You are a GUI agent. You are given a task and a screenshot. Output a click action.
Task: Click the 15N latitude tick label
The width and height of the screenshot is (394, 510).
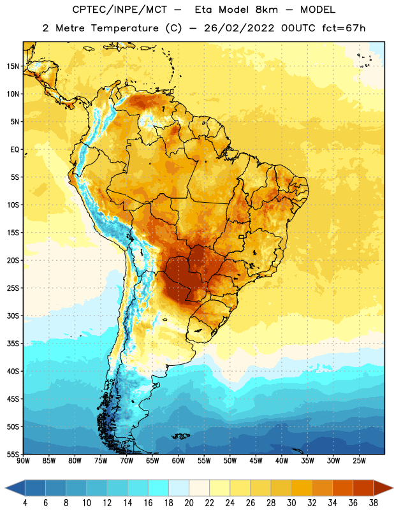click(x=13, y=66)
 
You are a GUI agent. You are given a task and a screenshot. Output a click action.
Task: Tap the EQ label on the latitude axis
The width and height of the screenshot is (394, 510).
click(x=15, y=150)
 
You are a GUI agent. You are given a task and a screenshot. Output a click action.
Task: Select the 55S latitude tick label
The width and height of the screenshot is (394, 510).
click(x=13, y=454)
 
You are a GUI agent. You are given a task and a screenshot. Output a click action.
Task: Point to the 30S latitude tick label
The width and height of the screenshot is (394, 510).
click(x=13, y=316)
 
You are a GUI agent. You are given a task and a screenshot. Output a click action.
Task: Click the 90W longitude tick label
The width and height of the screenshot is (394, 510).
click(x=23, y=461)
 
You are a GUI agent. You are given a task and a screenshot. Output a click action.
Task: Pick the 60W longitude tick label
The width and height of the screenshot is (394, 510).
click(x=179, y=461)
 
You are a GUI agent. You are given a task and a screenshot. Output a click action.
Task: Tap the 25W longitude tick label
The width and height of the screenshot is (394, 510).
click(x=359, y=461)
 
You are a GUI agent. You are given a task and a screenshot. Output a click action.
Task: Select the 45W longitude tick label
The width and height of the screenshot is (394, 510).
click(x=256, y=461)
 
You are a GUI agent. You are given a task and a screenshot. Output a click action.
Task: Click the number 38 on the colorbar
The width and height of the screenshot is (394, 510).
click(x=374, y=503)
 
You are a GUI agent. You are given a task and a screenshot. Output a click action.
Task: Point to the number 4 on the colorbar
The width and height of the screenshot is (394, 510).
click(x=25, y=503)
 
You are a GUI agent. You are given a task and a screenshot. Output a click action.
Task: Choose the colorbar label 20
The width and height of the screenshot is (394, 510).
click(x=189, y=503)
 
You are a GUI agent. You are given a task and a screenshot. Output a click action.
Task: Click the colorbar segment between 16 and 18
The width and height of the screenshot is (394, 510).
click(x=158, y=488)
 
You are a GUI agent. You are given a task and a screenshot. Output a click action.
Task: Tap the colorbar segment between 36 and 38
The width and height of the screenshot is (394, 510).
click(x=363, y=488)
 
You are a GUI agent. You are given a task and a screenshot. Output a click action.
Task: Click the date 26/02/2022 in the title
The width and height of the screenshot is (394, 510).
click(x=239, y=28)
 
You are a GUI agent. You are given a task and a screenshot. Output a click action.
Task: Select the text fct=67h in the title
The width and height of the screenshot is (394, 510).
click(x=344, y=28)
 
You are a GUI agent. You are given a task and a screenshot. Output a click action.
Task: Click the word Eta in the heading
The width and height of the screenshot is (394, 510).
click(x=203, y=10)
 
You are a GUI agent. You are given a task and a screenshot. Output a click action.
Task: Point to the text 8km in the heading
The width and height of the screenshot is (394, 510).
click(x=266, y=10)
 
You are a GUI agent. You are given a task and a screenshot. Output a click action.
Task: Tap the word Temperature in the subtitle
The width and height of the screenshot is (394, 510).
click(x=124, y=29)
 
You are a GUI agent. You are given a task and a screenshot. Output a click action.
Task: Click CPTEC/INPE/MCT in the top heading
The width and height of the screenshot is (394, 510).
click(x=120, y=10)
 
